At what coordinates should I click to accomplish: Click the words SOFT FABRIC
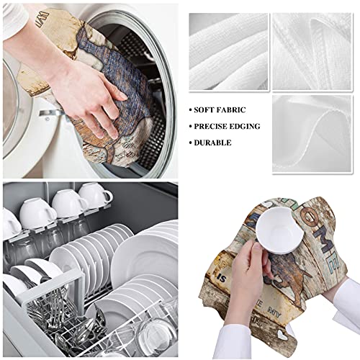click(x=219, y=109)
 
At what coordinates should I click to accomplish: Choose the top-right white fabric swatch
click(x=311, y=45)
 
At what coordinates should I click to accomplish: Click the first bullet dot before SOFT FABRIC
click(x=192, y=110)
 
